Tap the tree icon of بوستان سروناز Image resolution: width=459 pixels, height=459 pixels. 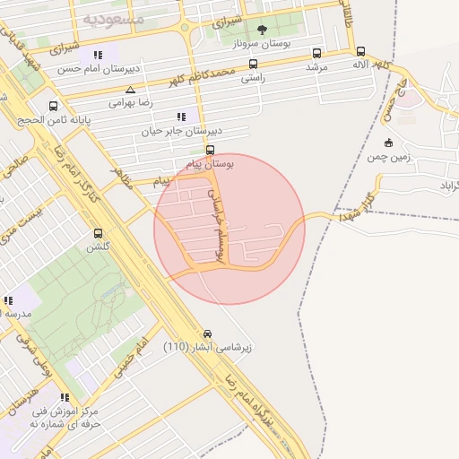(263, 30)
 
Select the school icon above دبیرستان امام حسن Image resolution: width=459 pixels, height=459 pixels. (98, 55)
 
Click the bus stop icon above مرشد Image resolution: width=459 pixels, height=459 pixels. (316, 53)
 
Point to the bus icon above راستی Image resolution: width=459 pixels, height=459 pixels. (253, 64)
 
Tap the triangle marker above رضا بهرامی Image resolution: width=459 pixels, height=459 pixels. (132, 90)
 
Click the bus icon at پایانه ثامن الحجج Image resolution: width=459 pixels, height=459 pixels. (53, 105)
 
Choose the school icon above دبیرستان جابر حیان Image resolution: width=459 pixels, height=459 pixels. (182, 117)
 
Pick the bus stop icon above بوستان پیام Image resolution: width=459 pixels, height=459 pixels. (211, 150)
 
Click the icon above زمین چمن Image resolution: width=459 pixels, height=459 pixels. (387, 143)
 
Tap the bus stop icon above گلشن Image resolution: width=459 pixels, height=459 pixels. (97, 233)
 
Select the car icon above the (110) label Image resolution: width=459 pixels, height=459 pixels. (208, 333)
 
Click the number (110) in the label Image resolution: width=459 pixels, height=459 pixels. (176, 347)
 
